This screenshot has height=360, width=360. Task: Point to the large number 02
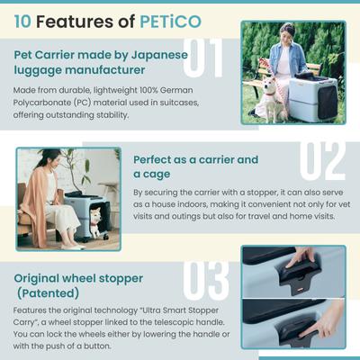[x=320, y=159]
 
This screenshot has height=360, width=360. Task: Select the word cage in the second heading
[x=152, y=174]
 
